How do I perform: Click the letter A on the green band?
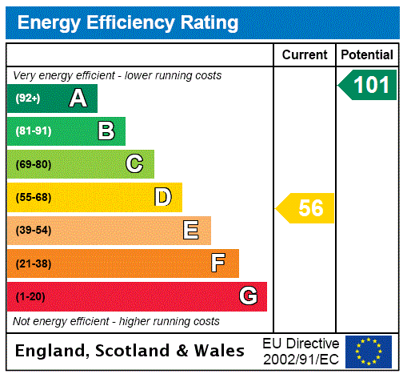point(78,99)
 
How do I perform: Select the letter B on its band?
point(106,131)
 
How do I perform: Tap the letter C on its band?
point(134,164)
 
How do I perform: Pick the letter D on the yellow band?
point(162,197)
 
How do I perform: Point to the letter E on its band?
point(191,231)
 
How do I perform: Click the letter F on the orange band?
point(218,263)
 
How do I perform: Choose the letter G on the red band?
point(248,296)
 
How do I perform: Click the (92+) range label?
point(28,99)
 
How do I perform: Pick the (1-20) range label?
point(30,296)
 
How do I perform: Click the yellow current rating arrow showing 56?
point(306,208)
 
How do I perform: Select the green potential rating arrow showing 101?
point(369,85)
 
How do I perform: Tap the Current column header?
point(305,55)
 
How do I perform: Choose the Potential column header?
point(367,55)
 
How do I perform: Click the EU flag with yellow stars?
point(369,351)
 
